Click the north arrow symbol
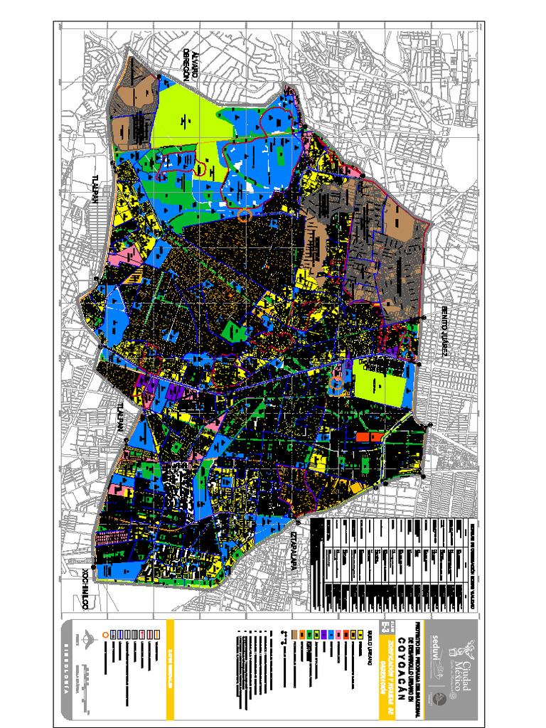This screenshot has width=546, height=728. [87, 637]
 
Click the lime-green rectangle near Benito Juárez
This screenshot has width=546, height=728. [382, 385]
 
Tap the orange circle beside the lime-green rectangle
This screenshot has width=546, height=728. [336, 385]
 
